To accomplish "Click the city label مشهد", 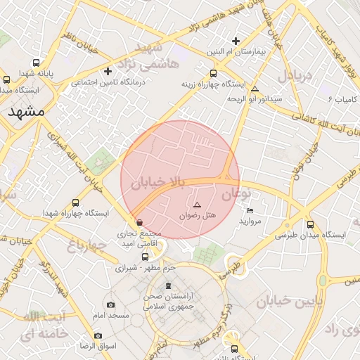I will coord(27,112).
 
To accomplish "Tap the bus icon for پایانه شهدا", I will coord(7,79).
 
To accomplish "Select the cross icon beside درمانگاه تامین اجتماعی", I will coord(108,71).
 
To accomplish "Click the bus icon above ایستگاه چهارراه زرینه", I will coord(214,73).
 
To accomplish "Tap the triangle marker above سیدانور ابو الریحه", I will coord(255,89).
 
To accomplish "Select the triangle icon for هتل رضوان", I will coord(197,203).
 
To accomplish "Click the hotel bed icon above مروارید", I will coord(250,210).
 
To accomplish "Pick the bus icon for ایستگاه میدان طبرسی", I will coord(310,225).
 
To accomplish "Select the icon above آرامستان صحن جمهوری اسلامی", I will coord(167,285).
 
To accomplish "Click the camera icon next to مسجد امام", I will coord(111,304).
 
